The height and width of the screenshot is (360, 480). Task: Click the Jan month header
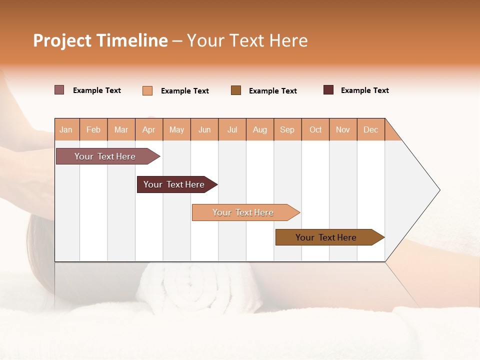coord(66,129)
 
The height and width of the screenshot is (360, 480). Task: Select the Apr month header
coord(149,129)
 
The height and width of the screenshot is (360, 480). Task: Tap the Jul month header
coord(232,129)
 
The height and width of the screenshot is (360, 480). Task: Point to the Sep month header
coord(287,129)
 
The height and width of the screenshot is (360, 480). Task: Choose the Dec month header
coord(370,129)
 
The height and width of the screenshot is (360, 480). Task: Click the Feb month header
coord(93,129)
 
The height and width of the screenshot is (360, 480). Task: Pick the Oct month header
coord(315,129)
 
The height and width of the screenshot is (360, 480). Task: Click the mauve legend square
coord(59,90)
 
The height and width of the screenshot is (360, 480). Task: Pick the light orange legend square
coord(147,90)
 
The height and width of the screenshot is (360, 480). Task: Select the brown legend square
coord(236,90)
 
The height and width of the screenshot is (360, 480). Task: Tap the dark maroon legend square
coord(328,90)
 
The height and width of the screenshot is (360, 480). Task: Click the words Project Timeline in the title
coord(100,40)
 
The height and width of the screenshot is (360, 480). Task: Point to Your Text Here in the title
coord(247,40)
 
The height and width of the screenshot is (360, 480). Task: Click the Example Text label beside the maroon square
coord(364,90)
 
